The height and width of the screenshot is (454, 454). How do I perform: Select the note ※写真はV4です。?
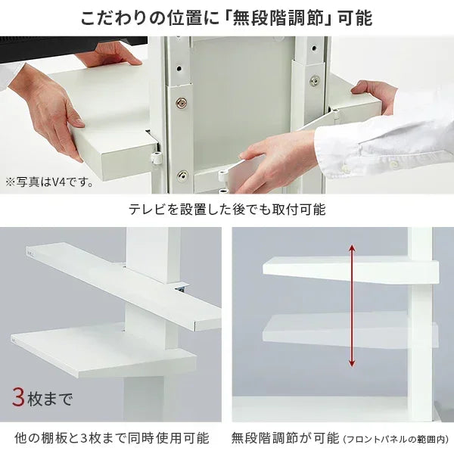coord(49,182)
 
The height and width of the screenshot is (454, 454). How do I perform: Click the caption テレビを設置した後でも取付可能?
coord(226,210)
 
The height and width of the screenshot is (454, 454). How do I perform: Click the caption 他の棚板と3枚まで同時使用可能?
coord(112,438)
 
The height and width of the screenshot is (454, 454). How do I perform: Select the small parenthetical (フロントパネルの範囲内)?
coord(396,439)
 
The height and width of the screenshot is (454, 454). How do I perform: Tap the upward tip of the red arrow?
coord(351,247)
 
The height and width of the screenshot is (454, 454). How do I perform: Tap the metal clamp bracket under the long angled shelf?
coord(179,290)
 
